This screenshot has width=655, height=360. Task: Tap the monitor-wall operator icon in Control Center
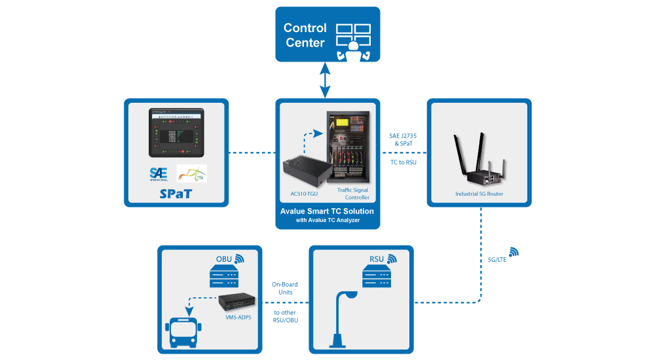click(353, 41)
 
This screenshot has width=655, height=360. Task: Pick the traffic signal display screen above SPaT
click(176, 133)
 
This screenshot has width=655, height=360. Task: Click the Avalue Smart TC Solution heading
click(327, 211)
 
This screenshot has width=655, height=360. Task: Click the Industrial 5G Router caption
click(479, 194)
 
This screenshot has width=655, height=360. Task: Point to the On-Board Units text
click(286, 289)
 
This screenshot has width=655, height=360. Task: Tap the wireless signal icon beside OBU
click(239, 258)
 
